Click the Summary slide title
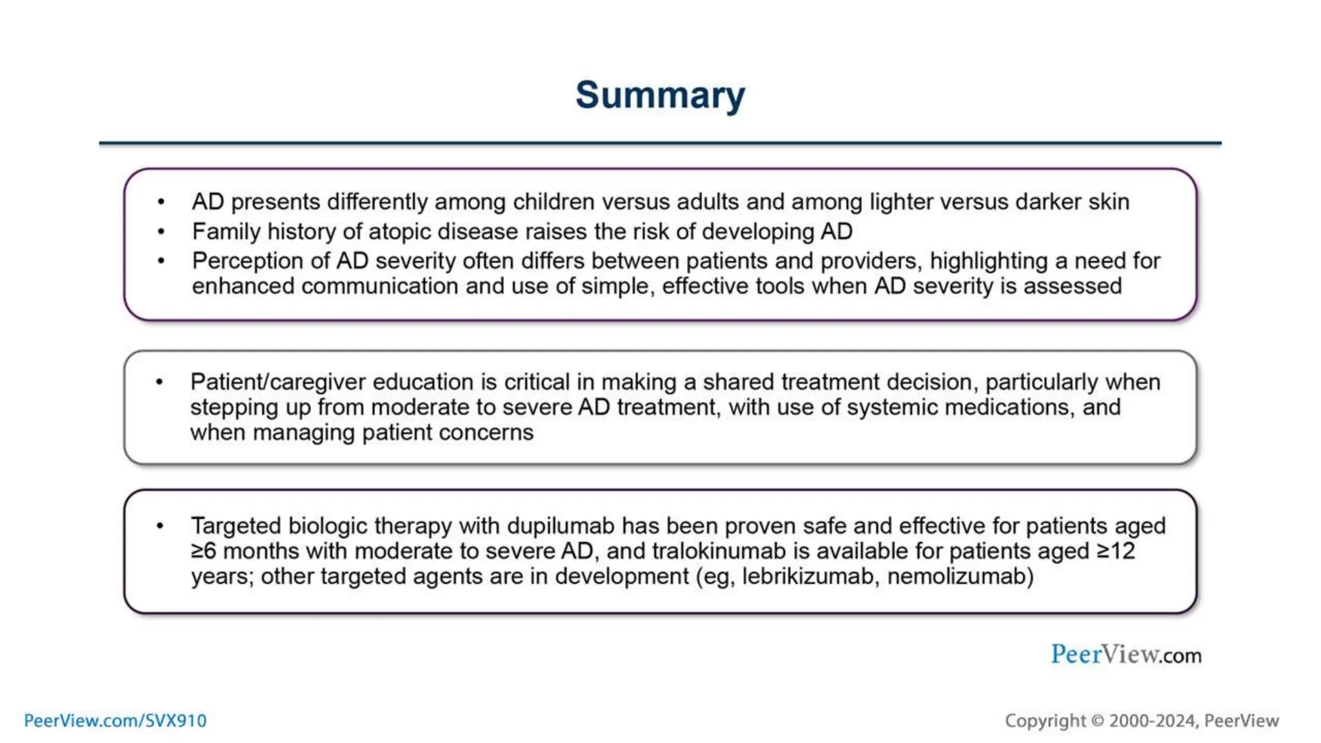pyautogui.click(x=660, y=95)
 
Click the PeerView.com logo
pyautogui.click(x=1126, y=655)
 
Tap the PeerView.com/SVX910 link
pyautogui.click(x=115, y=720)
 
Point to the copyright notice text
pyautogui.click(x=1141, y=720)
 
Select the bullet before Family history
pyautogui.click(x=161, y=232)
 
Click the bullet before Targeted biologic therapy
pyautogui.click(x=160, y=526)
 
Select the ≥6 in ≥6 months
pyautogui.click(x=203, y=551)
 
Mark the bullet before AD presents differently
pyautogui.click(x=161, y=203)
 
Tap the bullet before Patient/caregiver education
pyautogui.click(x=160, y=382)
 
